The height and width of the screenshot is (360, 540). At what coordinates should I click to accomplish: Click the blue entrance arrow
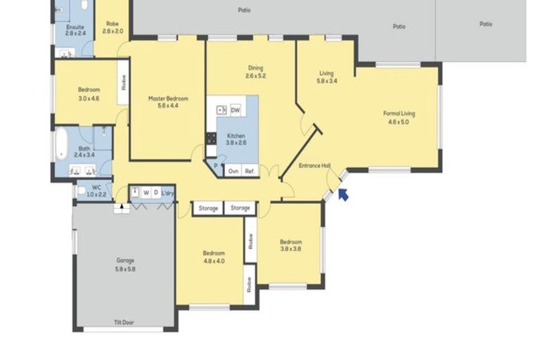click(x=343, y=194)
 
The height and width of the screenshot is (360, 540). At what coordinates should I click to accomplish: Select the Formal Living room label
click(x=395, y=117)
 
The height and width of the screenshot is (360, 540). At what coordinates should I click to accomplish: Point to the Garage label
click(x=125, y=264)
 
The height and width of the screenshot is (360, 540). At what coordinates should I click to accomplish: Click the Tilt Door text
click(x=124, y=323)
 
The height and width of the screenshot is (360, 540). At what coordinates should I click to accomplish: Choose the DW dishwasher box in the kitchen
click(x=236, y=110)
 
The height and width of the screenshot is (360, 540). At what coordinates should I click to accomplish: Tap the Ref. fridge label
click(x=250, y=170)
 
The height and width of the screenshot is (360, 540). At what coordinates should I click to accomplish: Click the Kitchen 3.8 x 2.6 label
click(x=236, y=139)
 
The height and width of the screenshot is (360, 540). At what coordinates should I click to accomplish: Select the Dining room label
click(x=255, y=72)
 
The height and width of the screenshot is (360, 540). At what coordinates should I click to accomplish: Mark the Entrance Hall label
click(x=314, y=166)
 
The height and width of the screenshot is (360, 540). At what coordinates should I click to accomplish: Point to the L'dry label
click(x=167, y=192)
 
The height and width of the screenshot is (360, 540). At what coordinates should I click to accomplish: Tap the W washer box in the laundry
click(x=146, y=192)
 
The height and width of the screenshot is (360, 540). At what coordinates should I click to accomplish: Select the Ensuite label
click(x=75, y=30)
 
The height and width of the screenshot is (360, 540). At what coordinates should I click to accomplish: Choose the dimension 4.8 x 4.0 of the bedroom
click(x=214, y=261)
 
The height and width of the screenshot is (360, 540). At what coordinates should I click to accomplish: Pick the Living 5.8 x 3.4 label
click(x=327, y=77)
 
